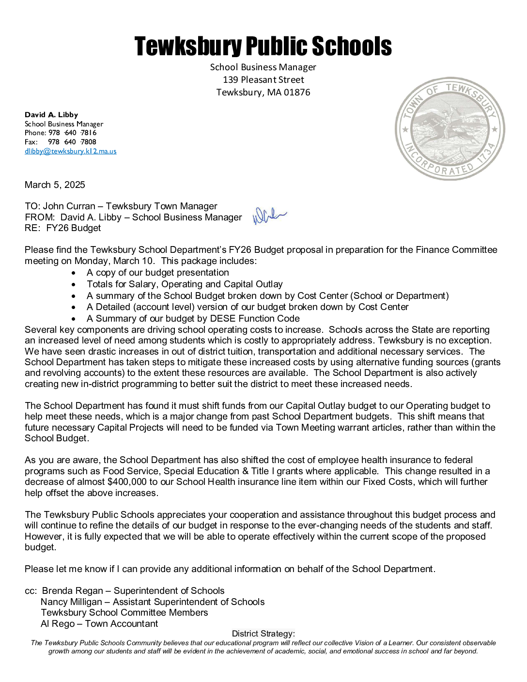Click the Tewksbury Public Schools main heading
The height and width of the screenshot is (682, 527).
click(263, 46)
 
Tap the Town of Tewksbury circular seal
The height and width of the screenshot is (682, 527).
click(450, 129)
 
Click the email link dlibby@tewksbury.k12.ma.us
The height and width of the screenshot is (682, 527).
click(71, 151)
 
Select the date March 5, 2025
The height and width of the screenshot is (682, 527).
click(55, 185)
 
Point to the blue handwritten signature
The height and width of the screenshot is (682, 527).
click(269, 216)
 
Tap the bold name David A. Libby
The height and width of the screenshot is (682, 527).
click(51, 115)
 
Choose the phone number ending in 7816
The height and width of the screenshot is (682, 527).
click(72, 133)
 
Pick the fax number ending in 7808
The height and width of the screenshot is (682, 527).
click(72, 142)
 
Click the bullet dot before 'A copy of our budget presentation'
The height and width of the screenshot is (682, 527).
click(74, 273)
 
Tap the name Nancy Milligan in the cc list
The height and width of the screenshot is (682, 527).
click(72, 602)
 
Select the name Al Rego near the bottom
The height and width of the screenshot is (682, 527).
click(58, 624)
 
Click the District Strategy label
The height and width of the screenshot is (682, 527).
click(263, 634)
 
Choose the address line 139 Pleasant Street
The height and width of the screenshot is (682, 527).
click(263, 80)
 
